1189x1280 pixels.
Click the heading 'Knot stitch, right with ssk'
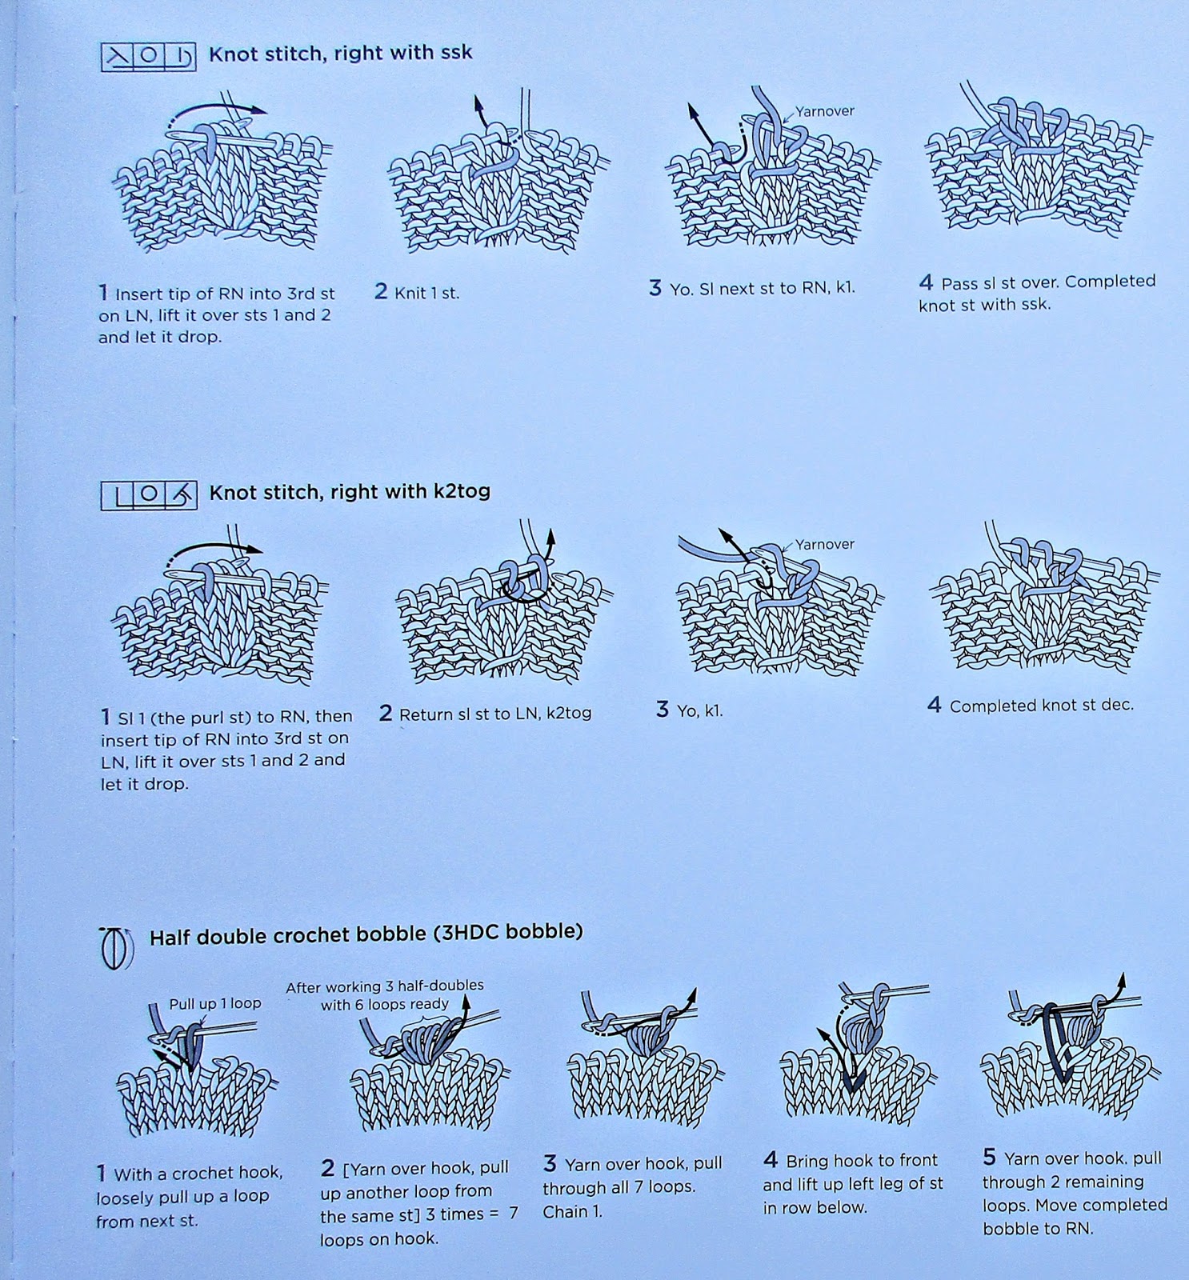340,54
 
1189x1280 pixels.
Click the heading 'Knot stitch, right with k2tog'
350,491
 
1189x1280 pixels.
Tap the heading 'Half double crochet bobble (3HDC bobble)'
366,934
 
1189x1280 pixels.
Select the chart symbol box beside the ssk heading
148,57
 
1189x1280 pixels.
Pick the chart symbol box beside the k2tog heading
148,495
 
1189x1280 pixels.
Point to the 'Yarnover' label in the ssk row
825,111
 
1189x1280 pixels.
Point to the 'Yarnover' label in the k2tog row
825,544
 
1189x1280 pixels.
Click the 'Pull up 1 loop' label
214,1003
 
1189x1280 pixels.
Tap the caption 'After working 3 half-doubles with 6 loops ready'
385,994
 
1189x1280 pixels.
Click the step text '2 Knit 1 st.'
417,292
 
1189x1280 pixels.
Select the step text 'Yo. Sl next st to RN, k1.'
762,288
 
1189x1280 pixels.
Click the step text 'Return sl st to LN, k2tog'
495,713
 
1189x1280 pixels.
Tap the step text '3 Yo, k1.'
689,710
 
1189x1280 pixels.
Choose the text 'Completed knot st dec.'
1041,705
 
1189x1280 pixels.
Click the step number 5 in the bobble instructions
989,1157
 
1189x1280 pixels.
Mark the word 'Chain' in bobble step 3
566,1211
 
